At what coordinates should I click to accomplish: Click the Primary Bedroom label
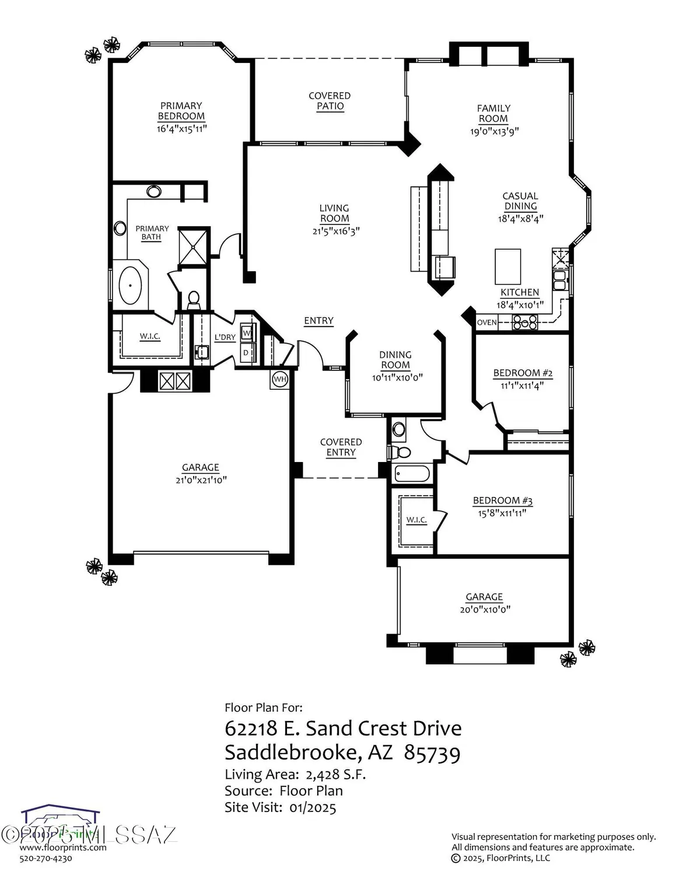(x=181, y=111)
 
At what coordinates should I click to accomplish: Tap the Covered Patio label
(x=330, y=101)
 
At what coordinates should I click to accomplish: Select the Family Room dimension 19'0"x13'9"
(x=494, y=131)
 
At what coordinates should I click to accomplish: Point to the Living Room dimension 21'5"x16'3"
(x=334, y=230)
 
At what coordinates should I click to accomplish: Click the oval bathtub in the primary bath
(x=131, y=286)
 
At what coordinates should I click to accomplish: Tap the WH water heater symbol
(x=280, y=379)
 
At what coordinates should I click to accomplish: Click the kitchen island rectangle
(x=507, y=266)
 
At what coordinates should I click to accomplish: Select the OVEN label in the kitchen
(x=487, y=323)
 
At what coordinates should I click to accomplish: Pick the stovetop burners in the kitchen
(x=525, y=322)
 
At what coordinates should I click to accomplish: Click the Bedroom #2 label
(x=523, y=373)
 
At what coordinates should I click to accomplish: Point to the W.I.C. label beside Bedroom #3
(x=416, y=520)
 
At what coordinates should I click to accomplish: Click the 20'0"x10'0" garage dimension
(x=484, y=610)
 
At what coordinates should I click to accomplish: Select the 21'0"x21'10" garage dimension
(x=201, y=480)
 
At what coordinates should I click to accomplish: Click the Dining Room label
(x=395, y=360)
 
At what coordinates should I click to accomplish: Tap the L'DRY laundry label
(x=225, y=337)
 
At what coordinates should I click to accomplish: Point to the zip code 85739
(x=432, y=753)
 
